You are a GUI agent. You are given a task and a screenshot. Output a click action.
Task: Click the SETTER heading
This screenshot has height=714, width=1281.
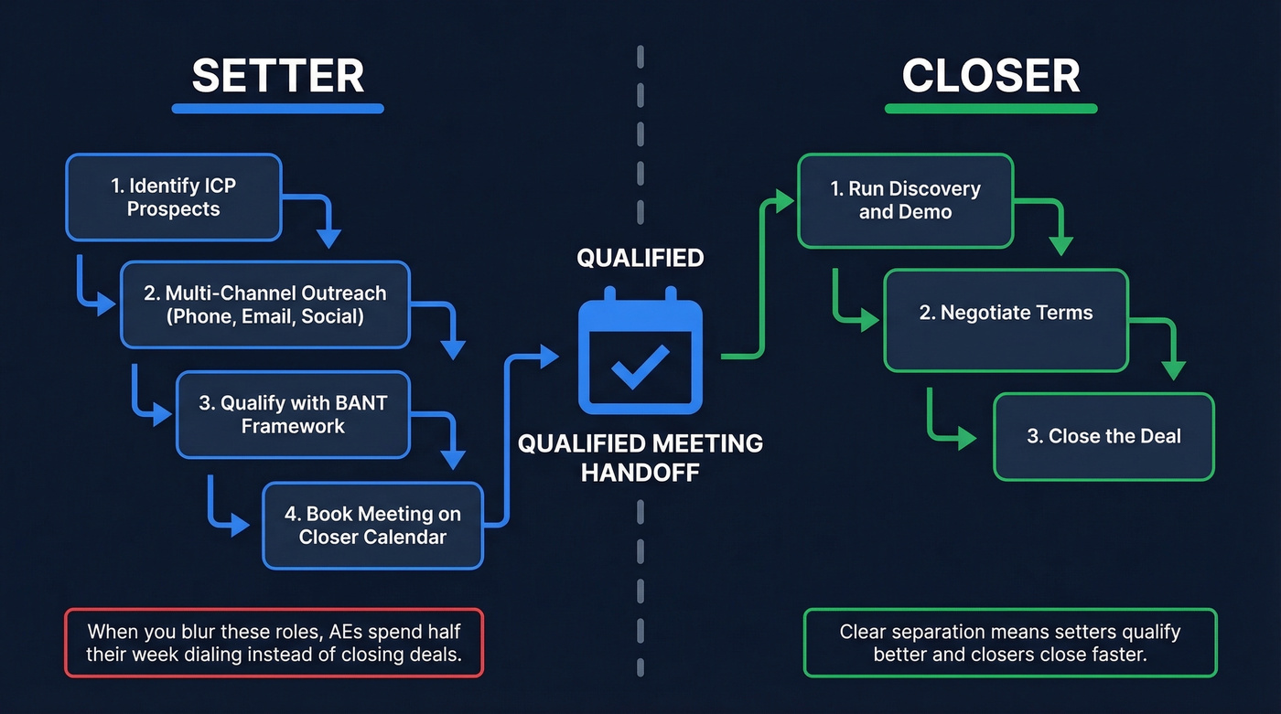pos(277,75)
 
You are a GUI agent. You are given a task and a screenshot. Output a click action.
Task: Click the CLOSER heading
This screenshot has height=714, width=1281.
pos(991,75)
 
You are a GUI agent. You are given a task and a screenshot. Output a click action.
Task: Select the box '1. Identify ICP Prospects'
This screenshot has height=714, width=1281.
pos(173,197)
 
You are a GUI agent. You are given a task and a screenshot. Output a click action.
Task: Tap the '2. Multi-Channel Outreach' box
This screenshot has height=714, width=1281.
pos(264,305)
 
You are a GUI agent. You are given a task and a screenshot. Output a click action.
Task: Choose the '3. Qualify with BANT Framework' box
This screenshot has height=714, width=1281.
pos(293,414)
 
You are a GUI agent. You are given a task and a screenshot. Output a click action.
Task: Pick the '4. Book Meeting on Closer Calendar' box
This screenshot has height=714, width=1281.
pos(371,526)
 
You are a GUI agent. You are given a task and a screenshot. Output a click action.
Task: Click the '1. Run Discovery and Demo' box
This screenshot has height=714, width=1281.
pos(905,200)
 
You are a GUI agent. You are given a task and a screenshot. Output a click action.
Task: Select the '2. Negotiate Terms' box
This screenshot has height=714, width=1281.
pos(1005,313)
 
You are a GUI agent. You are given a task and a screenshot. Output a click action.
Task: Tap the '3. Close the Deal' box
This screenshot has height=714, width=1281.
pos(1103,436)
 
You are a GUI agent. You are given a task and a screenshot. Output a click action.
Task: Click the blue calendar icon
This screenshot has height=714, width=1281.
pos(640,351)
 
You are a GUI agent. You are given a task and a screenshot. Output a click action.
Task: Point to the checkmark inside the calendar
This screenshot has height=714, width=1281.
pos(640,366)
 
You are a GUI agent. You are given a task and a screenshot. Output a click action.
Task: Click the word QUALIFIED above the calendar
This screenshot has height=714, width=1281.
pos(640,259)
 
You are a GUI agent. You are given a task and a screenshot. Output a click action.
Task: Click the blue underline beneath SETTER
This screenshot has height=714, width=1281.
pos(277,108)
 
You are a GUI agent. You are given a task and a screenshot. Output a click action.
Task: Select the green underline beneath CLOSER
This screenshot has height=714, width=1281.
pos(991,108)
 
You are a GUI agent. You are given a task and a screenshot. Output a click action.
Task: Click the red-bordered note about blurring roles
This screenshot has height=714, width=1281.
pos(274,643)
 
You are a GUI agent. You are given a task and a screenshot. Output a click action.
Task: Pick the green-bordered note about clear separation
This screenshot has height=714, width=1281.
pos(1010,643)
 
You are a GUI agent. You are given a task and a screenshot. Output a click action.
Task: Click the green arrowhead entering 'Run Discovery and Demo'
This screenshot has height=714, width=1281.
pos(784,201)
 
